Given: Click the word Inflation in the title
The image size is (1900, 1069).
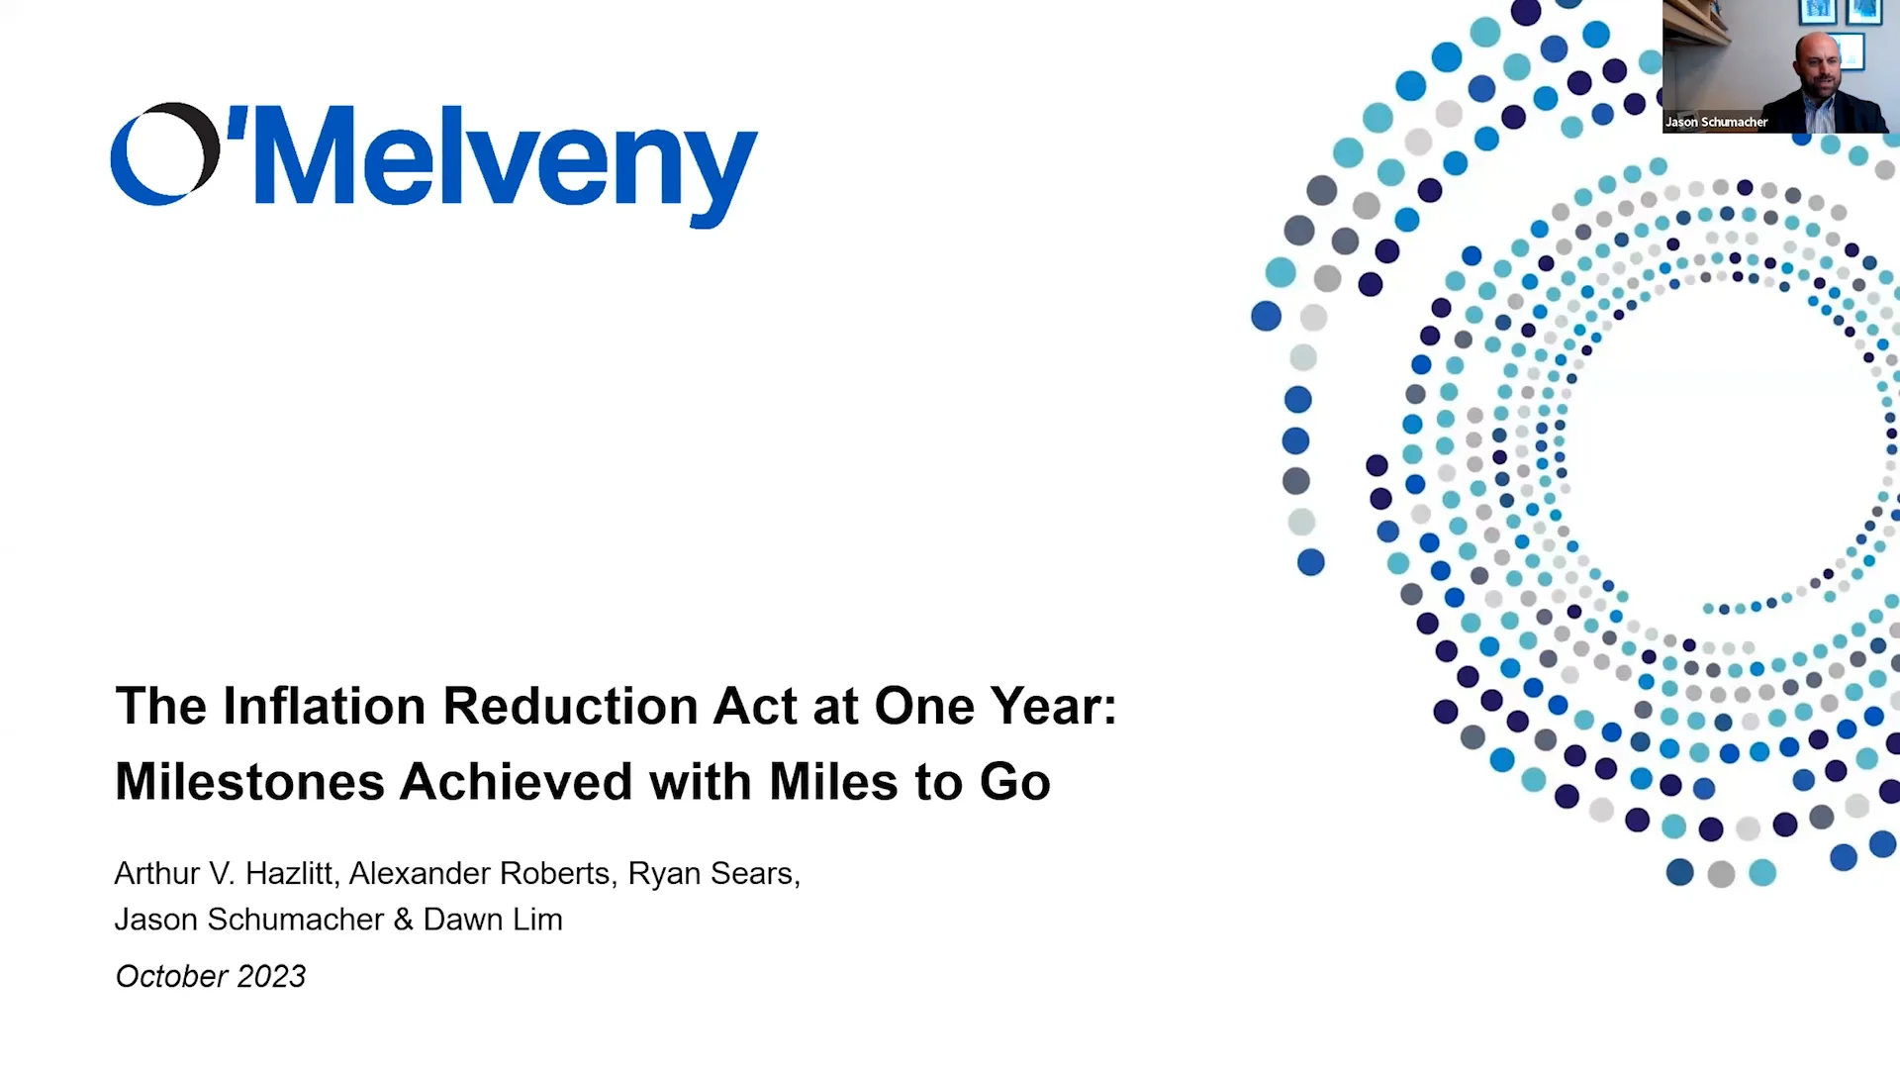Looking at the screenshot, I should click(325, 707).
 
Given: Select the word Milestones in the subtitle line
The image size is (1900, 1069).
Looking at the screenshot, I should click(249, 782).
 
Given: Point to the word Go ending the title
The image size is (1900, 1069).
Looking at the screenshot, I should click(1015, 782).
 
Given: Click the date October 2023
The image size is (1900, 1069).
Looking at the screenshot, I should click(211, 976).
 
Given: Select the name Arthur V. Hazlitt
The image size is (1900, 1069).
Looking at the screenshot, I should click(224, 873).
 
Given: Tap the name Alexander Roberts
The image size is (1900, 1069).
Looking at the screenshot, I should click(479, 873).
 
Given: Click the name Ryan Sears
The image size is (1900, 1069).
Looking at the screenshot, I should click(711, 873).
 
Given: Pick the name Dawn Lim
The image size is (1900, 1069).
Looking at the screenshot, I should click(493, 920).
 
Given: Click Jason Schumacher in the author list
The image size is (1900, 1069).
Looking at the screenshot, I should click(248, 920).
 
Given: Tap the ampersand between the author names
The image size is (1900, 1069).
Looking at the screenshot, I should click(403, 920).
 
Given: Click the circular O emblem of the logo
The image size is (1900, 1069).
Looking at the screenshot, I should click(164, 153).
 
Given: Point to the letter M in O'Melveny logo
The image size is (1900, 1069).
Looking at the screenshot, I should click(309, 156).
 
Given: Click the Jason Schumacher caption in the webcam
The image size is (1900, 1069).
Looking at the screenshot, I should click(1716, 122).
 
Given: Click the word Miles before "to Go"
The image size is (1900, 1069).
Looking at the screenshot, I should click(834, 782).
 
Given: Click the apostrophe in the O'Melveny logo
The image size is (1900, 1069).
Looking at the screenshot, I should click(237, 121).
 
